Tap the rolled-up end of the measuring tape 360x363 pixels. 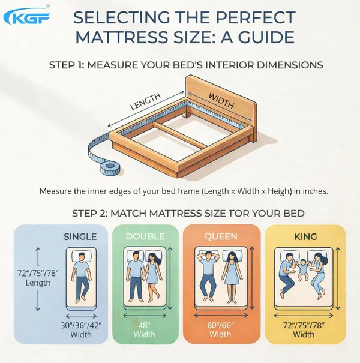pyautogui.click(x=110, y=167)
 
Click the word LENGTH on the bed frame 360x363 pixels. pyautogui.click(x=145, y=101)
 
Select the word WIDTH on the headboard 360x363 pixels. pyautogui.click(x=221, y=100)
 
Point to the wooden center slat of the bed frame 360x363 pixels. pyautogui.click(x=180, y=135)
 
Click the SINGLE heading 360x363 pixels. pyautogui.click(x=80, y=237)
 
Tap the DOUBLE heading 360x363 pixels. pyautogui.click(x=145, y=236)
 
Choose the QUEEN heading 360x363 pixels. pyautogui.click(x=221, y=236)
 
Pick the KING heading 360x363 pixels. pyautogui.click(x=305, y=236)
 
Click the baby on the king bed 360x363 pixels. pyautogui.click(x=302, y=270)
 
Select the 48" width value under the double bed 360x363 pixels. pyautogui.click(x=144, y=325)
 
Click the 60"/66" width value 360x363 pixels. pyautogui.click(x=220, y=325)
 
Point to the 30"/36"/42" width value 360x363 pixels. pyautogui.click(x=81, y=325)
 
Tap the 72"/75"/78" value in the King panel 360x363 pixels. pyautogui.click(x=304, y=325)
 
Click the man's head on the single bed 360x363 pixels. pyautogui.click(x=81, y=257)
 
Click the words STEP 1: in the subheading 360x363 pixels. pyautogui.click(x=67, y=65)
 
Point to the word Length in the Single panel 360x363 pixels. pyautogui.click(x=38, y=283)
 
